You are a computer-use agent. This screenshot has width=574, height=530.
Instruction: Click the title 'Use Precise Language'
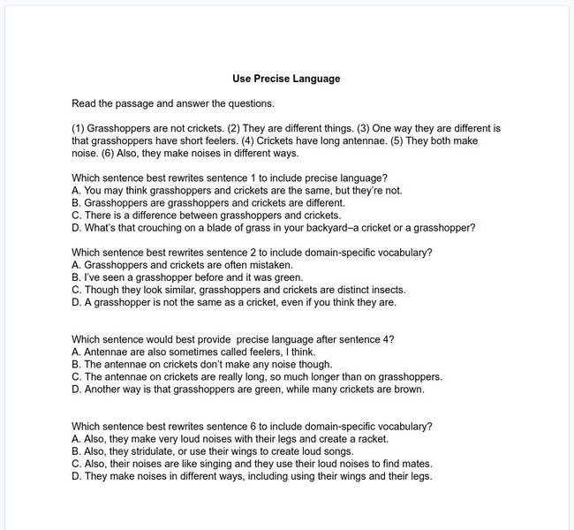(x=286, y=79)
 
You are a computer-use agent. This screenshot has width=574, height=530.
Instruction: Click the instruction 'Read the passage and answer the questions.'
(x=173, y=103)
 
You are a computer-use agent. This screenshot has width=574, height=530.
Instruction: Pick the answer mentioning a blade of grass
(x=273, y=227)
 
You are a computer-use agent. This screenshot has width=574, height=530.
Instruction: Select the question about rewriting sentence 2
(x=252, y=252)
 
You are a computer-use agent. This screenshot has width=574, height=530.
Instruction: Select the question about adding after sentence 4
(x=232, y=339)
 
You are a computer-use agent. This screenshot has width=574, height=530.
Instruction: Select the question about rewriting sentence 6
(x=252, y=426)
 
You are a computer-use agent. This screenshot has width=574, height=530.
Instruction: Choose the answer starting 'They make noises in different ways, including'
(x=251, y=475)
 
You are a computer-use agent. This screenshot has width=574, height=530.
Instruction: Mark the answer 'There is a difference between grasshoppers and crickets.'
(x=205, y=215)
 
